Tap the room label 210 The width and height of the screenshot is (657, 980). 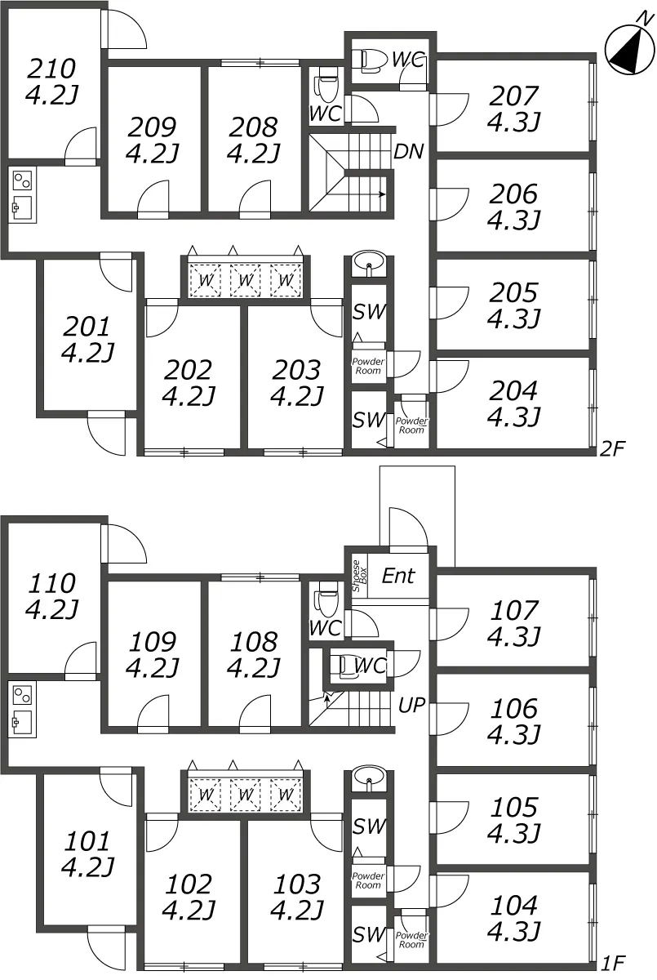pyautogui.click(x=51, y=69)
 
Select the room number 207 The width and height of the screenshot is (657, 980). pyautogui.click(x=513, y=96)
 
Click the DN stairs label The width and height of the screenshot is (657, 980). pyautogui.click(x=409, y=151)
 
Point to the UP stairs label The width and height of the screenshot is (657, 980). pyautogui.click(x=412, y=705)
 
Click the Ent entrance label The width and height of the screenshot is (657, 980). pyautogui.click(x=397, y=576)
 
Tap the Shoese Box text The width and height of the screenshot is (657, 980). pyautogui.click(x=359, y=576)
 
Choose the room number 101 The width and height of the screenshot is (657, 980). pyautogui.click(x=87, y=841)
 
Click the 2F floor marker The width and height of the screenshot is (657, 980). pyautogui.click(x=612, y=448)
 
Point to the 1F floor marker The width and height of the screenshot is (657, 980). pyautogui.click(x=614, y=963)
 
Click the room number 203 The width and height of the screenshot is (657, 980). pyautogui.click(x=296, y=370)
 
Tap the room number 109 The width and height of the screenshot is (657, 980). pyautogui.click(x=153, y=642)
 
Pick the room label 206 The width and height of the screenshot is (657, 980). pyautogui.click(x=513, y=194)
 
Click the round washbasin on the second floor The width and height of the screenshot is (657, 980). pyautogui.click(x=369, y=262)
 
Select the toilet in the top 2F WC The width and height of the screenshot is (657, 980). pyautogui.click(x=370, y=60)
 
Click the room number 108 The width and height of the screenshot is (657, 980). pyautogui.click(x=254, y=642)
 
